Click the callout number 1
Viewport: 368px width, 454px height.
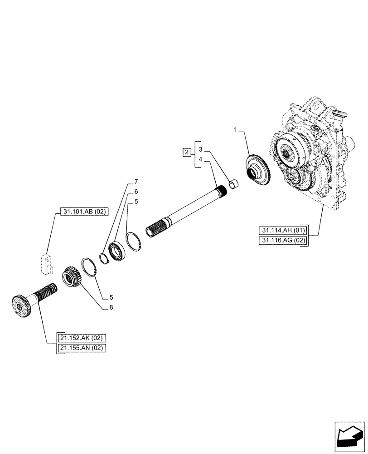[x=235, y=130]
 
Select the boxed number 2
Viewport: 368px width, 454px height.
[x=186, y=152]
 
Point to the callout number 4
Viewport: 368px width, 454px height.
[x=200, y=160]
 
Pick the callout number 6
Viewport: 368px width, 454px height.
[x=136, y=192]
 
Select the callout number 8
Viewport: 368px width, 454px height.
[x=111, y=307]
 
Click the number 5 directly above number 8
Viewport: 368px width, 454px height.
[x=111, y=298]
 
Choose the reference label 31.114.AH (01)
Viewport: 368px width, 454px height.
[x=283, y=230]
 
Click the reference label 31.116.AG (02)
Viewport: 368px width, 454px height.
[x=283, y=240]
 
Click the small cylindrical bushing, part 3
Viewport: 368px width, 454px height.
[x=234, y=184]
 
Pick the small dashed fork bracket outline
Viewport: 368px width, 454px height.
[x=46, y=264]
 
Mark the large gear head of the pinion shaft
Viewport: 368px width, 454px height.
[x=20, y=307]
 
